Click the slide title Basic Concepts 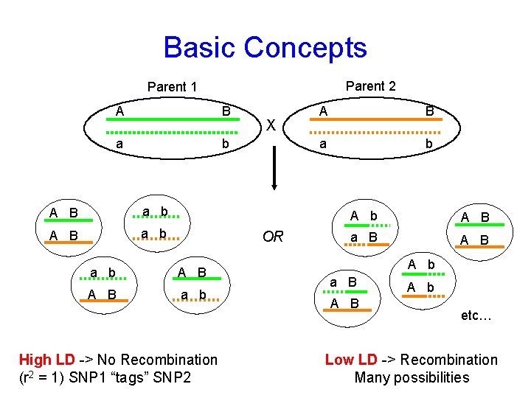point(265,47)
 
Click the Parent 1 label point(172,87)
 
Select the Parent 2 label point(370,86)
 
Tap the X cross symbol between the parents point(271,126)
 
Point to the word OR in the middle point(273,237)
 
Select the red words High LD point(46,360)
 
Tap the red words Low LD point(351,360)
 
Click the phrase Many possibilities point(412,377)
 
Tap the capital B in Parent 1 point(226,111)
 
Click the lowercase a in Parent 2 point(322,144)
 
